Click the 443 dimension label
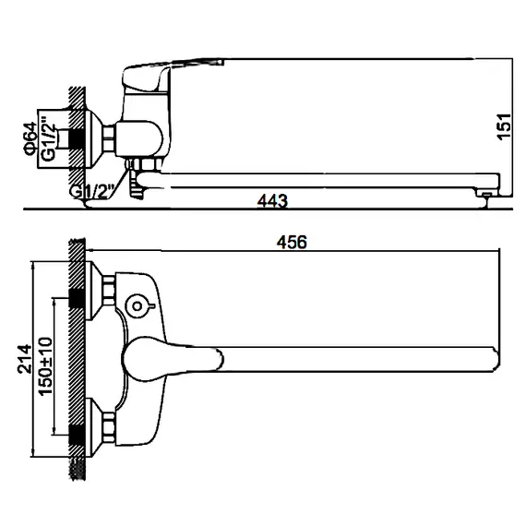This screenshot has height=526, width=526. tap(272, 200)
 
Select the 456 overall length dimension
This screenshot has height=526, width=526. tap(291, 242)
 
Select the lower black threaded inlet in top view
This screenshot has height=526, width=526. tap(77, 427)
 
